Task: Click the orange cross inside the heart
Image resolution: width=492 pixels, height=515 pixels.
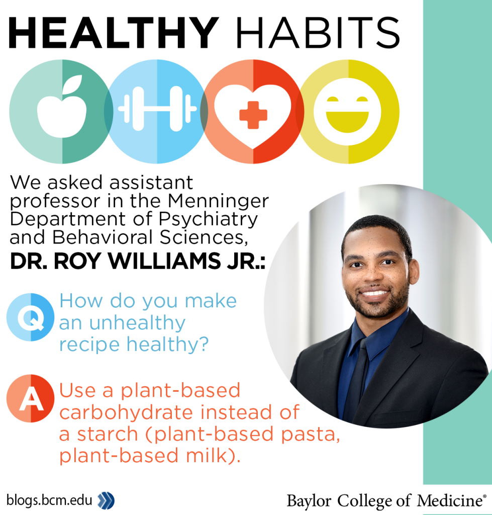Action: [x=253, y=114]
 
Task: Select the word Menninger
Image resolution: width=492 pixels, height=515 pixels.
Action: [x=219, y=201]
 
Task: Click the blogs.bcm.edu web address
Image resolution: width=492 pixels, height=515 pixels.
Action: [x=49, y=500]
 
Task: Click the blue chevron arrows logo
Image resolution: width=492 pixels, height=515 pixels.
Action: [x=106, y=500]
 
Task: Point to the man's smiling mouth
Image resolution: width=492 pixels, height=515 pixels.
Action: [x=375, y=293]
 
